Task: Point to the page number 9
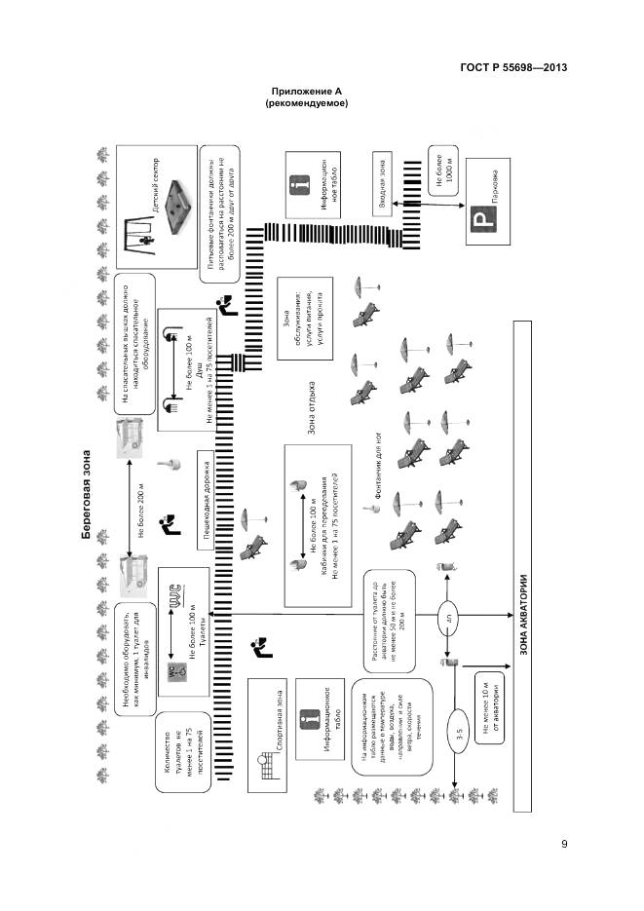point(564,844)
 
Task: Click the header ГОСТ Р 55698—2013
point(512,67)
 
